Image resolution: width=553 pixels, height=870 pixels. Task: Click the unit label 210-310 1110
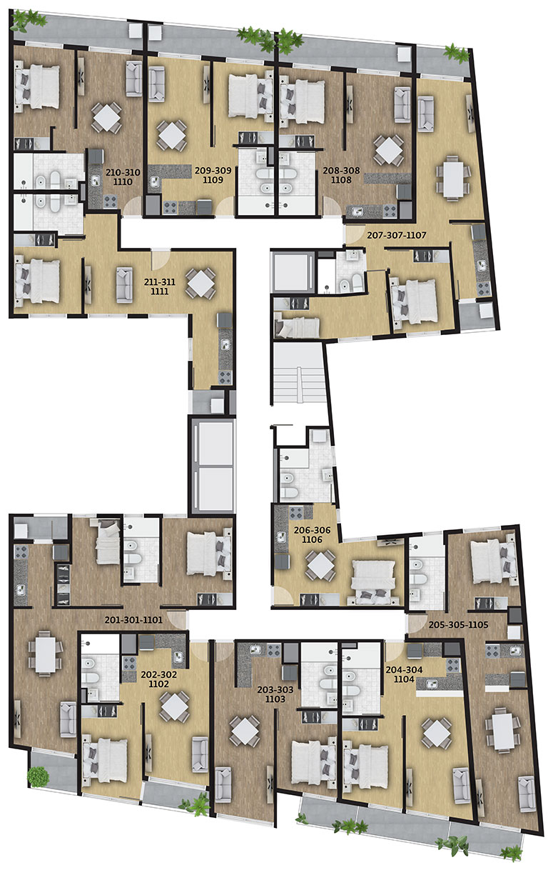point(123,176)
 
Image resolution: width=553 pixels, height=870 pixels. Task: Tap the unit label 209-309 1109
point(213,175)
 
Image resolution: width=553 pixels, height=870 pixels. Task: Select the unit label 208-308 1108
point(342,175)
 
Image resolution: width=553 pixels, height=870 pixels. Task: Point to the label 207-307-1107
point(397,235)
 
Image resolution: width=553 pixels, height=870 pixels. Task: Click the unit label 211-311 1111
point(160,286)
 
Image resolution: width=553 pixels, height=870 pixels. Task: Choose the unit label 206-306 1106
point(312,534)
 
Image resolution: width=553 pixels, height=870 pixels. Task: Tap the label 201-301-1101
point(133,619)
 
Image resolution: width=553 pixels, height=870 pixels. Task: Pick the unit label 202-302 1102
point(158,679)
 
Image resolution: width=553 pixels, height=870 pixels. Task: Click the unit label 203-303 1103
point(275,694)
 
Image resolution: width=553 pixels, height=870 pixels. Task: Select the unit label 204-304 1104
point(404,674)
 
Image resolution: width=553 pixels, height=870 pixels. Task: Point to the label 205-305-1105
point(458,624)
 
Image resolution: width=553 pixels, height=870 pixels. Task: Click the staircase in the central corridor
point(298,374)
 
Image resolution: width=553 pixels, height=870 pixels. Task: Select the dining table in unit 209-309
point(171,136)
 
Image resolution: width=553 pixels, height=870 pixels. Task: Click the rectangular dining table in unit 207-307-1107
point(453,178)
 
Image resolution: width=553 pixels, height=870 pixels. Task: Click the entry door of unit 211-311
point(161,259)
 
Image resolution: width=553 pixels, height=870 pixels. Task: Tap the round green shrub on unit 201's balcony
point(38,777)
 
